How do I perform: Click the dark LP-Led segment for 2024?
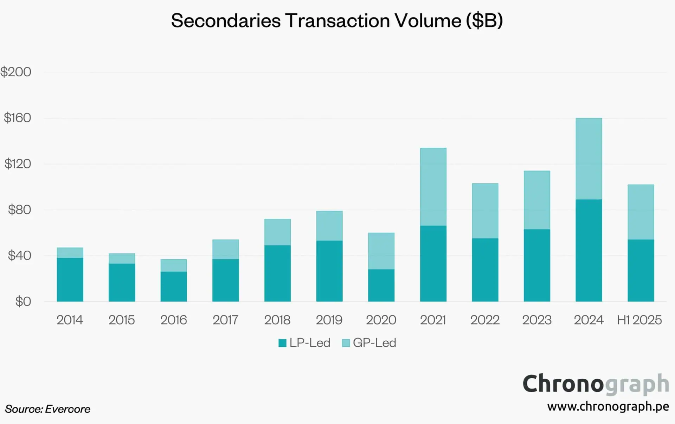[589, 250]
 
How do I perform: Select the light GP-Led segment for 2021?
[433, 187]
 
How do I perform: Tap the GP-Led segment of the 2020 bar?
[381, 251]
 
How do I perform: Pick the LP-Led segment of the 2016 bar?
[174, 287]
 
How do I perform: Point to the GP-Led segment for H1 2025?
[641, 212]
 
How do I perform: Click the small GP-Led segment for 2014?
[70, 253]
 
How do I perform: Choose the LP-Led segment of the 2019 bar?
[329, 271]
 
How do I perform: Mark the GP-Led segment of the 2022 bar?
[485, 211]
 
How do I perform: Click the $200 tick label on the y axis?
[16, 72]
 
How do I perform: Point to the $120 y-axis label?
[18, 164]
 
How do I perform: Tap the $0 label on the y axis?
[23, 302]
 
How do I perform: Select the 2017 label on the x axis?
[225, 320]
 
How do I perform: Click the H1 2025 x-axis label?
[639, 320]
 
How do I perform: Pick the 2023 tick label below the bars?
[537, 320]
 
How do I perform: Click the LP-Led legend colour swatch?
[282, 343]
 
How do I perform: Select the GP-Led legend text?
[374, 343]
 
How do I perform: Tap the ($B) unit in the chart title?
[484, 20]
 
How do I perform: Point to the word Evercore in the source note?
[67, 409]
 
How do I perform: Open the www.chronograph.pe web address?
[608, 407]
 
